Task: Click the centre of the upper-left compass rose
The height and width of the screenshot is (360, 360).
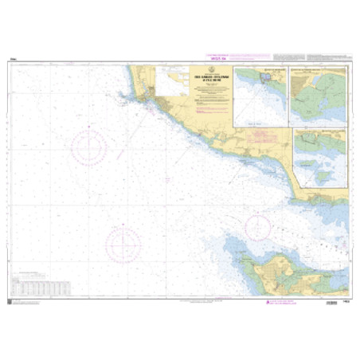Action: point(89,147)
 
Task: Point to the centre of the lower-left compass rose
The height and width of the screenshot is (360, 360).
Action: point(123,243)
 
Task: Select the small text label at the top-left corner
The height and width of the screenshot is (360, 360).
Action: point(14,59)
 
